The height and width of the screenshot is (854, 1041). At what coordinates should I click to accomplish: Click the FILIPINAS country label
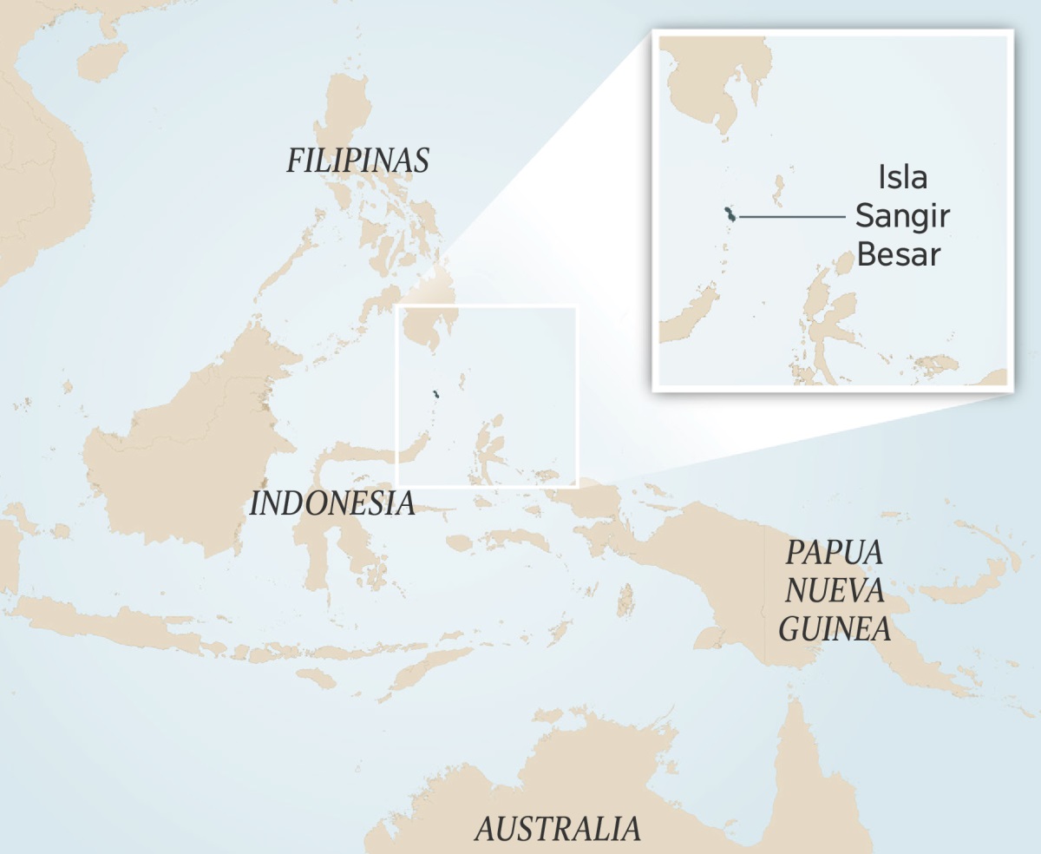(357, 161)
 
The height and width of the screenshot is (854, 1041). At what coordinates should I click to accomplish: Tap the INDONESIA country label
(332, 503)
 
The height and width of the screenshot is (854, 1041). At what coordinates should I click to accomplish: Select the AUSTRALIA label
(557, 828)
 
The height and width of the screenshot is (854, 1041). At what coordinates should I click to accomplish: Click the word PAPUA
(834, 552)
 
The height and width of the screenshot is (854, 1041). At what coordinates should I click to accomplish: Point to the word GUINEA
(835, 628)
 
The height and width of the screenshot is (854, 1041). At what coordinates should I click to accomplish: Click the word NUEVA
(835, 590)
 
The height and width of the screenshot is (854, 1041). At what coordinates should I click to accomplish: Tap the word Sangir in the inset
(902, 216)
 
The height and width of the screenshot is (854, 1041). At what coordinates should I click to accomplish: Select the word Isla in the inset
(902, 178)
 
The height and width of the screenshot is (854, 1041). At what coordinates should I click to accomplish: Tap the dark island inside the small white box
(436, 396)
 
